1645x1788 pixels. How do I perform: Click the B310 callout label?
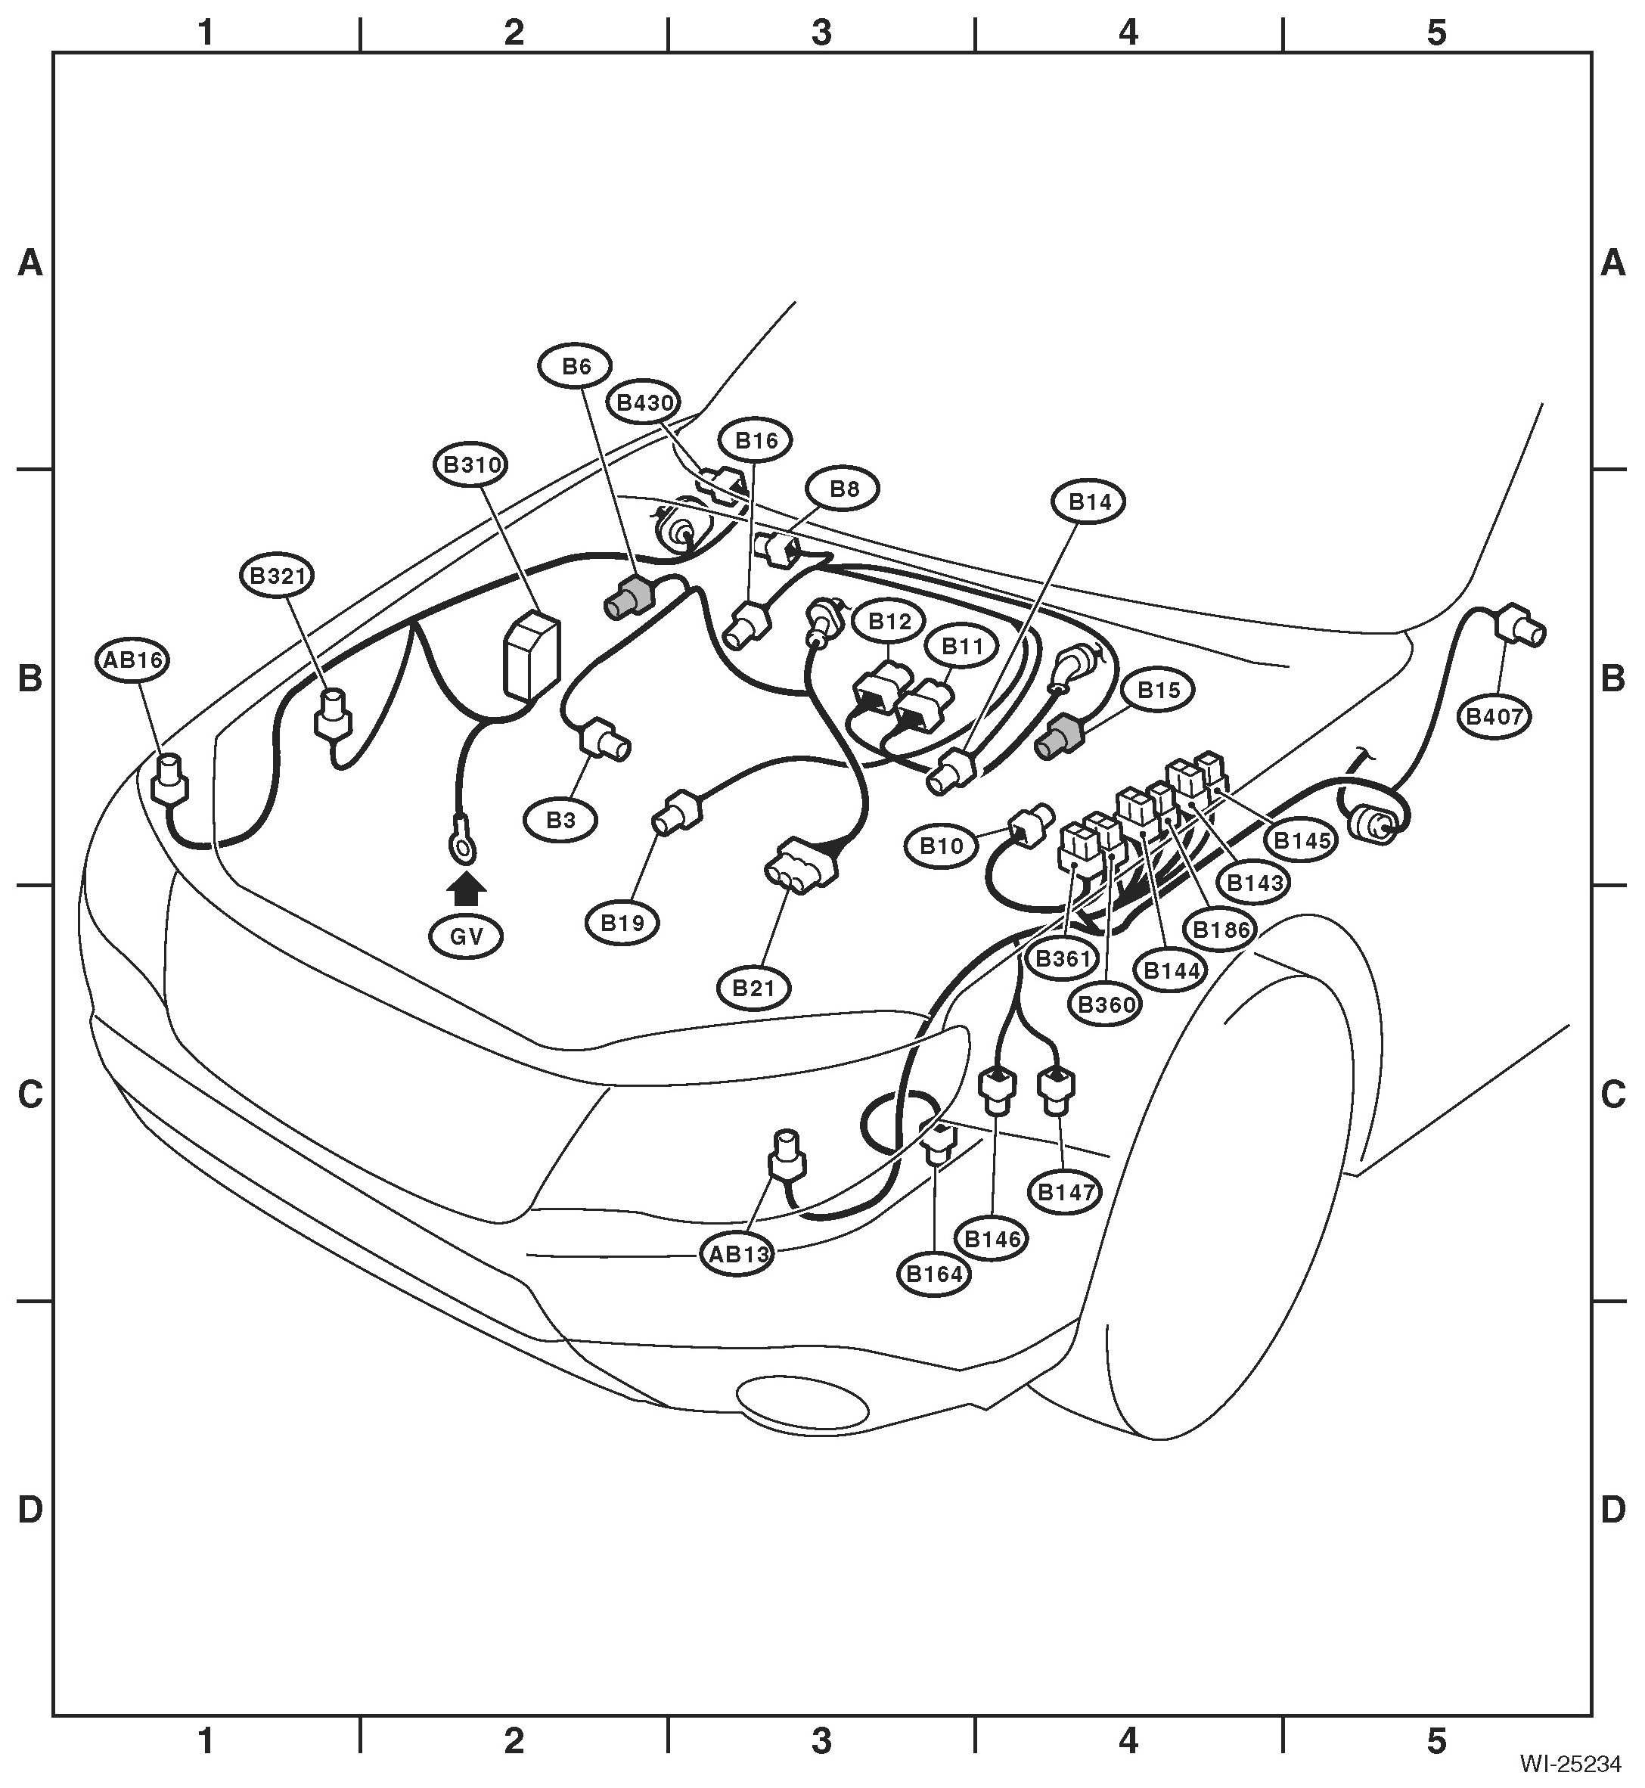[x=472, y=464]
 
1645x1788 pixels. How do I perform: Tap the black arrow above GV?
[x=467, y=890]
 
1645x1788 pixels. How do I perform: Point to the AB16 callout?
[x=132, y=660]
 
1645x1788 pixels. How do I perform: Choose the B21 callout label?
[x=755, y=988]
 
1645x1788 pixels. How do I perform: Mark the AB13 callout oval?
[x=738, y=1255]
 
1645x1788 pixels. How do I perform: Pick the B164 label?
[x=935, y=1274]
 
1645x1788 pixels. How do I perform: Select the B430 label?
[x=645, y=402]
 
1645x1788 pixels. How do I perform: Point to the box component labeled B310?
[x=532, y=654]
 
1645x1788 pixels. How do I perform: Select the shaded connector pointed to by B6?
[x=629, y=596]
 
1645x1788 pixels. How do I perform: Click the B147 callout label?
[x=1066, y=1193]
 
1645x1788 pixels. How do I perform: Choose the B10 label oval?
[x=942, y=846]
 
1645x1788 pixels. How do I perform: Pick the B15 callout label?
[x=1158, y=690]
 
